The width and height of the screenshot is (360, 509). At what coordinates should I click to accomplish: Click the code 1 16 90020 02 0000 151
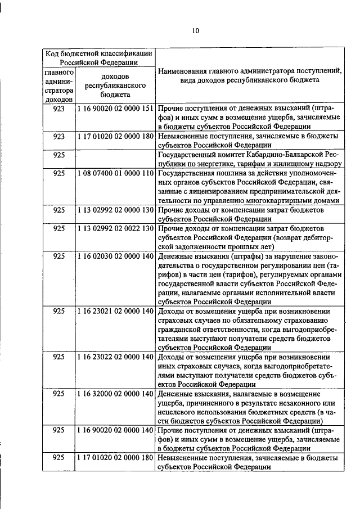click(114, 107)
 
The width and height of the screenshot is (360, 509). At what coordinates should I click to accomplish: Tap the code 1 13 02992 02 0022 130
click(114, 229)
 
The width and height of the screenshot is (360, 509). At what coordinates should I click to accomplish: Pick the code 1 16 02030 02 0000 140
click(114, 256)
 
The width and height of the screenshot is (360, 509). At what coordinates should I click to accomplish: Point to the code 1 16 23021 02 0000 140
click(114, 311)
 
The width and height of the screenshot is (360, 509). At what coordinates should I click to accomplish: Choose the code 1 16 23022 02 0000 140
click(114, 357)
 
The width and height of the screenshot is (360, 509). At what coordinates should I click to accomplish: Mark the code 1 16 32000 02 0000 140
click(114, 393)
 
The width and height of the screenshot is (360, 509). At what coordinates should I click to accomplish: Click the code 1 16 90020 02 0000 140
click(114, 430)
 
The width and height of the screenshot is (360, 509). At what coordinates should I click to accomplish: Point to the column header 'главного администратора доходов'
click(58, 86)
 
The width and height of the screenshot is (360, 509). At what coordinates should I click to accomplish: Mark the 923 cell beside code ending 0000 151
click(58, 107)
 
